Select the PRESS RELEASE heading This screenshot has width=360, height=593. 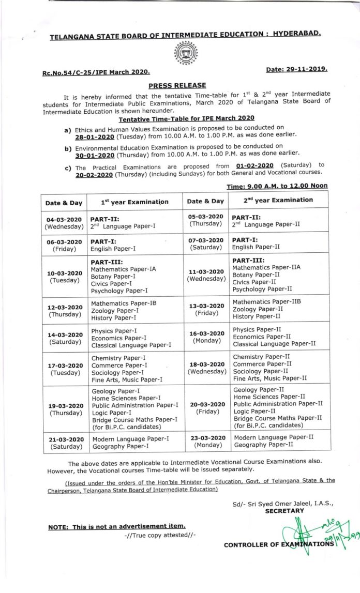click(177, 85)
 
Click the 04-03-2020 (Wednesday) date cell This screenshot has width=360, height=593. click(64, 222)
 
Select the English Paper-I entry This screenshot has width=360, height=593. click(113, 248)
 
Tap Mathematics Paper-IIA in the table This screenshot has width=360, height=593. click(266, 268)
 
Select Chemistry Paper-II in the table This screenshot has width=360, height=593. click(261, 357)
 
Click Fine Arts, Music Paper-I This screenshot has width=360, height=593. click(127, 379)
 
